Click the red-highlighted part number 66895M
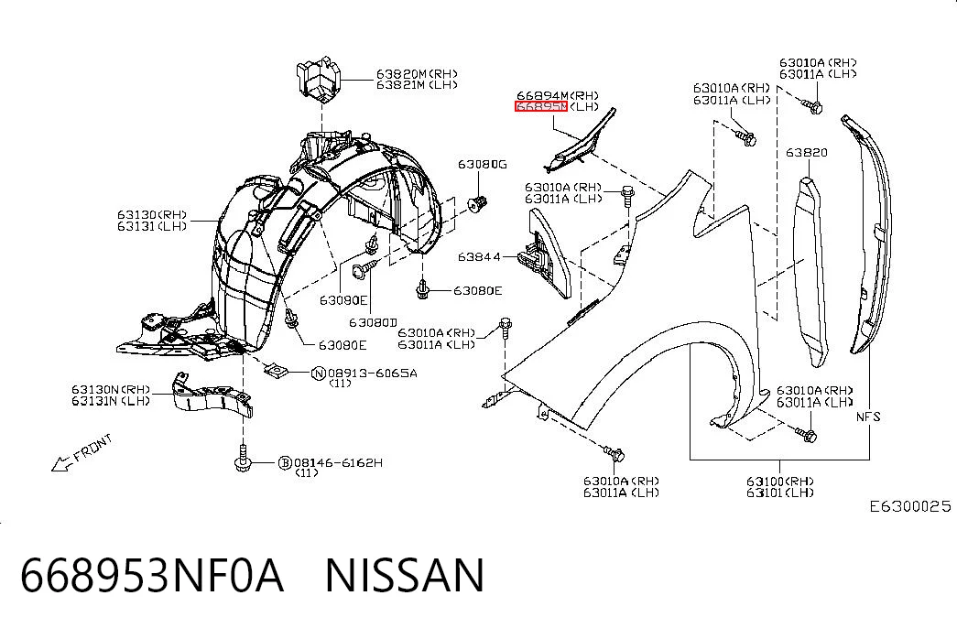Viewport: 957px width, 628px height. coord(541,107)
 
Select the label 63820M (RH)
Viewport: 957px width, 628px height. coord(417,74)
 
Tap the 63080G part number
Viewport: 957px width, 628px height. coord(482,164)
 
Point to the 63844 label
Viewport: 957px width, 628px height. coord(479,257)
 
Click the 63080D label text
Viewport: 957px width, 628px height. coord(373,322)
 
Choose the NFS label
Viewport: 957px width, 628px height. coord(868,417)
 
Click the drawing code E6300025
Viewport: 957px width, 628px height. coord(910,506)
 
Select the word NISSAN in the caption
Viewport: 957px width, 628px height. coord(405,576)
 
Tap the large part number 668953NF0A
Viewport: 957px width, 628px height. coord(152,576)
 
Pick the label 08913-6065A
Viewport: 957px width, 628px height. coord(373,373)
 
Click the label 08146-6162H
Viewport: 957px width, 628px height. coord(338,462)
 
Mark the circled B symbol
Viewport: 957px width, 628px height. coord(285,463)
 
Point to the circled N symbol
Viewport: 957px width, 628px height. coord(319,374)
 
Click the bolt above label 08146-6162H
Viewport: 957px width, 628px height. coord(243,458)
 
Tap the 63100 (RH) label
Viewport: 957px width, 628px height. coord(780,481)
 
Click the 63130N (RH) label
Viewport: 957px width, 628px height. coord(111,389)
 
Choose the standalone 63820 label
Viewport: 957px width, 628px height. coord(806,152)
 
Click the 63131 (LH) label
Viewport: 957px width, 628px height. coord(152,226)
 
